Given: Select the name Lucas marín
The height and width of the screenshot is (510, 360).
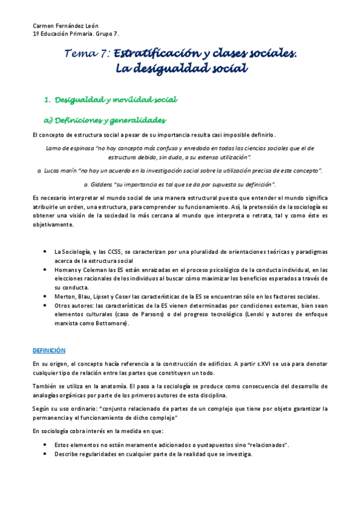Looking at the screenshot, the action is [59, 171].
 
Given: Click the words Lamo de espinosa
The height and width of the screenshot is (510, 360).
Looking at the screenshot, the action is [67, 148].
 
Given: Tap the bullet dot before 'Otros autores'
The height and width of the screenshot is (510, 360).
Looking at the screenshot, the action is [46, 306].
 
